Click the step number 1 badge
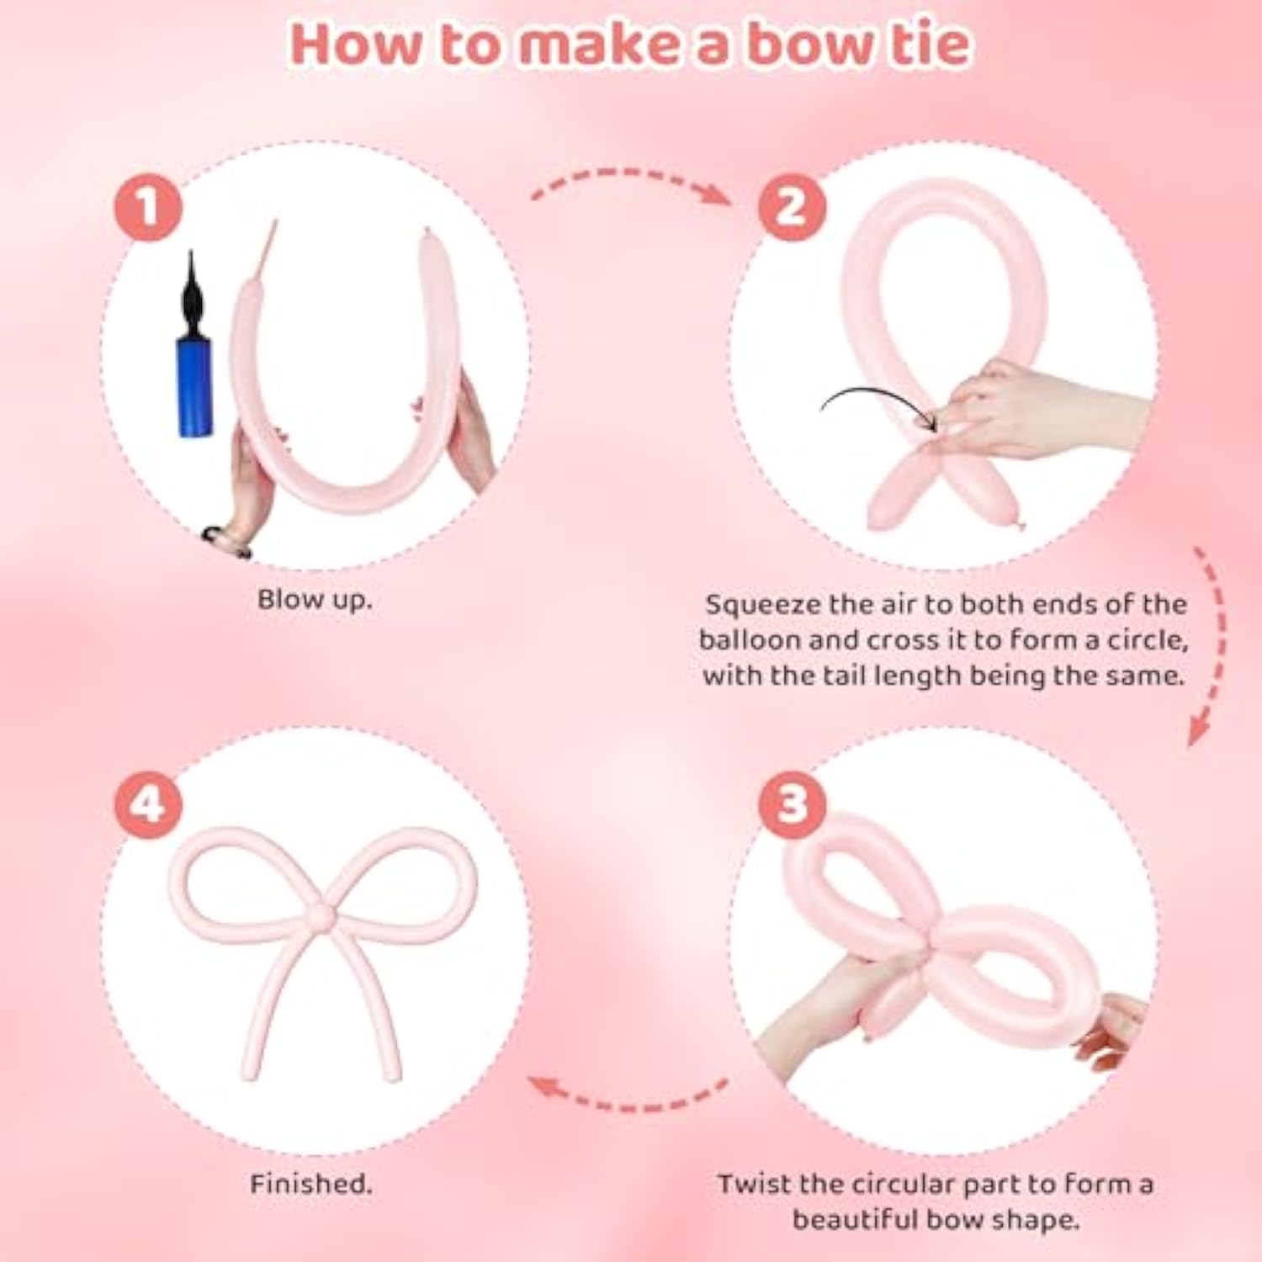pos(149,208)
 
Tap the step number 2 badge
pos(792,208)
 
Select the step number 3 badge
pos(792,803)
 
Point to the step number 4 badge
pos(149,803)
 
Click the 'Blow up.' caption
pos(314,600)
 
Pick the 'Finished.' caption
pos(310,1185)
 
